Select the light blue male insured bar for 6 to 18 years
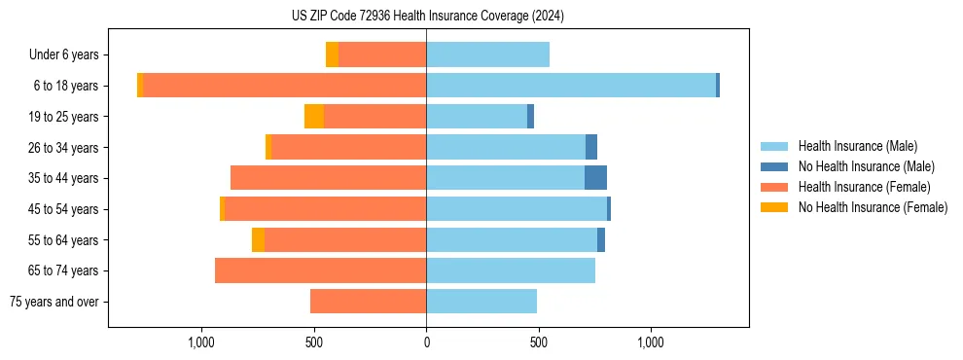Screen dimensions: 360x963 pos(571,86)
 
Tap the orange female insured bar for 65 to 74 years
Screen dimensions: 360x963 pos(320,270)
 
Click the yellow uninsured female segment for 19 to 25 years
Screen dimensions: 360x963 pos(313,117)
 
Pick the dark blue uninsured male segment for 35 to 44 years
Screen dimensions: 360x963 pos(595,178)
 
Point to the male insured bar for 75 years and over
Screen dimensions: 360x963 pos(481,302)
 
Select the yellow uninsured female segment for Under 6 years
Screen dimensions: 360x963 pos(332,54)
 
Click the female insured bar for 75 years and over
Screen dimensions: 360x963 pos(368,302)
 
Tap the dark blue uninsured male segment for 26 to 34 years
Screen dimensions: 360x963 pos(591,147)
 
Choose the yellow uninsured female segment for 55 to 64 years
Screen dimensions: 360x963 pos(258,239)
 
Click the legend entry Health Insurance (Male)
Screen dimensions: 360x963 pos(857,146)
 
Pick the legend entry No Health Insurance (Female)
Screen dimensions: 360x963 pos(873,207)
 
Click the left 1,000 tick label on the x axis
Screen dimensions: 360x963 pos(201,342)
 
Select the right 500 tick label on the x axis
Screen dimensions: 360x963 pos(538,342)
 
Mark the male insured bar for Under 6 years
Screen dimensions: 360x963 pos(487,54)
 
